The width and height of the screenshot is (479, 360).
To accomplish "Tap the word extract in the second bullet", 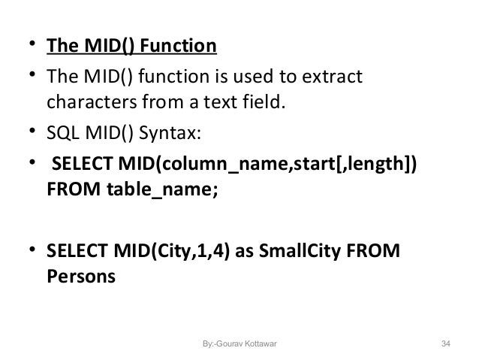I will click(331, 77).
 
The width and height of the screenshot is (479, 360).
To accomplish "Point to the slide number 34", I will click(446, 344).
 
